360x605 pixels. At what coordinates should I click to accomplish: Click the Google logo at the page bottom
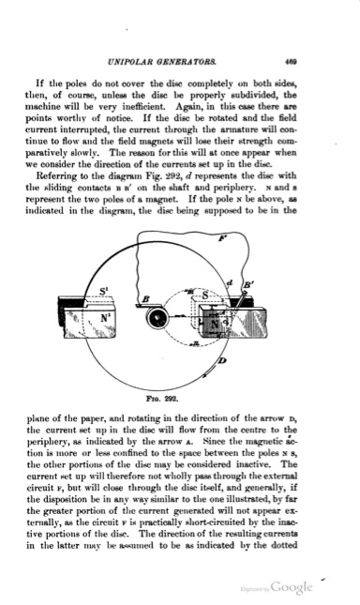click(292, 587)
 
